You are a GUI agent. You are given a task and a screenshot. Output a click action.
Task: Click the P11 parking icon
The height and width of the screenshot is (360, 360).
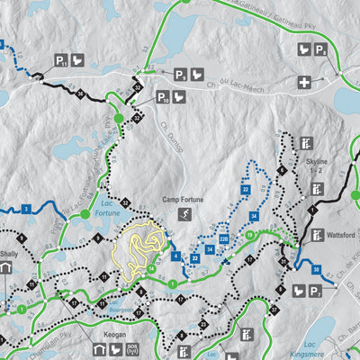61,61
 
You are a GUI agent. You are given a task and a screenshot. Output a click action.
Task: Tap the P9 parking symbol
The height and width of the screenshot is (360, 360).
180,75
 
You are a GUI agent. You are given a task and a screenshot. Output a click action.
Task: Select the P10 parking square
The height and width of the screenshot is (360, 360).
163,96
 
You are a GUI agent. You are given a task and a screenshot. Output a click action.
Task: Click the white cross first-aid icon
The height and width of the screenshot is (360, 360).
305,83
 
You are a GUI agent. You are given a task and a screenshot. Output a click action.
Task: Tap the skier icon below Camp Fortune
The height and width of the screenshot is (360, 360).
184,214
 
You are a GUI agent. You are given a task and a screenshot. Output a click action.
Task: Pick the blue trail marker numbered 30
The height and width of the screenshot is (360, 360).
315,270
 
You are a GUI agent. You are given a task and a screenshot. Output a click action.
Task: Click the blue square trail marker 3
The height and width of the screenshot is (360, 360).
28,209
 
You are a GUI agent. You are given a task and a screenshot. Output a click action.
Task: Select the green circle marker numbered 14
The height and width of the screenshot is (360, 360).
153,267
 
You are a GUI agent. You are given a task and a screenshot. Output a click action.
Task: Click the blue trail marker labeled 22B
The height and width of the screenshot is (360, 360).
223,237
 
